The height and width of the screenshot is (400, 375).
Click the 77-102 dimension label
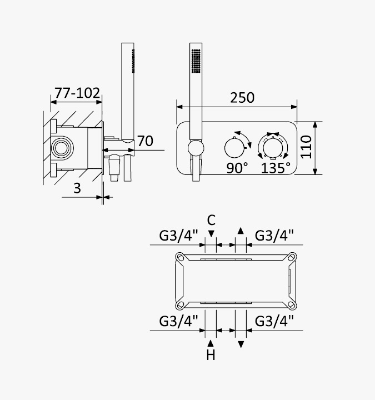coord(77,93)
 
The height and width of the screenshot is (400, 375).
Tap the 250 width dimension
coord(242,98)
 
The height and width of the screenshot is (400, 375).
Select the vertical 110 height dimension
coord(306,147)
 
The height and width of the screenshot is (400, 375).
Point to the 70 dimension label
coord(145,141)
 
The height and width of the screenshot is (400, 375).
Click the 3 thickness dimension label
coord(77,188)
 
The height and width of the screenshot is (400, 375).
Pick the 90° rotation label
coord(237,168)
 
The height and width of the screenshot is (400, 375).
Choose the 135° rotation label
coord(276,168)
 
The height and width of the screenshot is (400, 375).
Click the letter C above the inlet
coord(211,220)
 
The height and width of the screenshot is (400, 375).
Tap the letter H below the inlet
coord(211,355)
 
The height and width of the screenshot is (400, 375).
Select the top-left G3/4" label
coord(178,235)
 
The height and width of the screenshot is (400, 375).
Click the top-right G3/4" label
coord(274,235)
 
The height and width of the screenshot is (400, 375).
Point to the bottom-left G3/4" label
coord(178,321)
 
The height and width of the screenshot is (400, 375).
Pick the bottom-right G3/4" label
coord(274,321)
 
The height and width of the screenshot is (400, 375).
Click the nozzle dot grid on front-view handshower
coord(196,61)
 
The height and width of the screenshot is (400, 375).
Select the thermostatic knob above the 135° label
coord(273,148)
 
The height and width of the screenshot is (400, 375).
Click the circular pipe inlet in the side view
coord(61,148)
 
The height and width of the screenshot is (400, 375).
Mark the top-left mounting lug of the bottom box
coord(180,257)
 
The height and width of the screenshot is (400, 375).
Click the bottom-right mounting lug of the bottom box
coord(292,304)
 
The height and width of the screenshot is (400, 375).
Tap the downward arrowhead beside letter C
coord(211,234)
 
